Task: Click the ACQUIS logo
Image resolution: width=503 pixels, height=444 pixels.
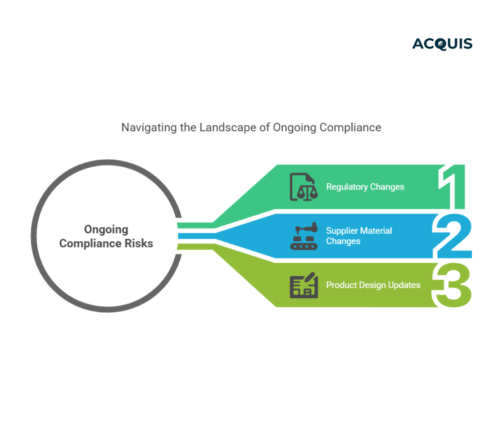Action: click(x=442, y=44)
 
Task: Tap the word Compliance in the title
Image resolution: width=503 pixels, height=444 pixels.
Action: click(x=350, y=127)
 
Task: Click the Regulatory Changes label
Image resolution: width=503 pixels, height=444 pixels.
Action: click(x=365, y=187)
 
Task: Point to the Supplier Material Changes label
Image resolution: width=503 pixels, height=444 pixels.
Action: click(x=359, y=236)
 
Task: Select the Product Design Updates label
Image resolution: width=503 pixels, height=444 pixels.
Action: click(x=373, y=285)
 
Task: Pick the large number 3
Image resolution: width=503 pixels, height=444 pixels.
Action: click(x=452, y=285)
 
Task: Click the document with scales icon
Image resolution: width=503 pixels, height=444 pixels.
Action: click(x=303, y=187)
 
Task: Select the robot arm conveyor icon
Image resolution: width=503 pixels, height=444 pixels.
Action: click(x=304, y=236)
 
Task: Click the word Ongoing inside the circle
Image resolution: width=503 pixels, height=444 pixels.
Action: click(x=106, y=230)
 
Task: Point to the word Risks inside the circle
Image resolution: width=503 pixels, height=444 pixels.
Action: click(x=139, y=244)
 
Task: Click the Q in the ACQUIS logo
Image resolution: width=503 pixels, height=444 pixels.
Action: click(x=440, y=44)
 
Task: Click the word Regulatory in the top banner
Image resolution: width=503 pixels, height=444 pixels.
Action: click(x=347, y=187)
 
